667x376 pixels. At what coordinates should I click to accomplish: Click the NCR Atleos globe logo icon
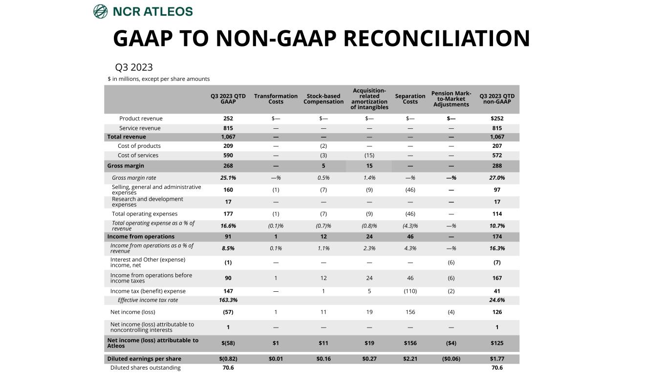click(100, 11)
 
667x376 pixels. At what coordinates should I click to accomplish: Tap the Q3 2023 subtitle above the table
click(133, 67)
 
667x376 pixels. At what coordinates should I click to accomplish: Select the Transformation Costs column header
click(276, 99)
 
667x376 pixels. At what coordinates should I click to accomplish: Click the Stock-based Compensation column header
click(323, 99)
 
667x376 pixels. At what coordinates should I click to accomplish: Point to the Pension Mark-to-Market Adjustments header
click(451, 99)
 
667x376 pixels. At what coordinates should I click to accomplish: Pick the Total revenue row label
click(127, 137)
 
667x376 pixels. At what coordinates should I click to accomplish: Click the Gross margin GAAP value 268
click(228, 166)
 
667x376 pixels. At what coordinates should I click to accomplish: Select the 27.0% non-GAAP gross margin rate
click(497, 178)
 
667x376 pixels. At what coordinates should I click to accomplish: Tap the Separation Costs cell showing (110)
click(410, 291)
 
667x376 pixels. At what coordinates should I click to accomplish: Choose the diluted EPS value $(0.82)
click(228, 359)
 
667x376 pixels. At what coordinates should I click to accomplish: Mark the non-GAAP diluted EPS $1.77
click(497, 359)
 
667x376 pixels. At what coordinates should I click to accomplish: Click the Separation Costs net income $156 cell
click(410, 343)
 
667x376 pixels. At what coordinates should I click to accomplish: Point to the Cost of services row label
click(138, 156)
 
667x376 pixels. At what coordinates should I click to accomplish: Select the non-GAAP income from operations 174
click(497, 237)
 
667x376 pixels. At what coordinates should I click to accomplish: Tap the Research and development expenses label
click(147, 202)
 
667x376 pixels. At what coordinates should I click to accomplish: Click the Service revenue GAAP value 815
click(228, 128)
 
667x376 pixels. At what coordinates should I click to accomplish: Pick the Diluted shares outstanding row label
click(145, 368)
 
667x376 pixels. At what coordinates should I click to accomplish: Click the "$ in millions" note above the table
click(159, 79)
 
